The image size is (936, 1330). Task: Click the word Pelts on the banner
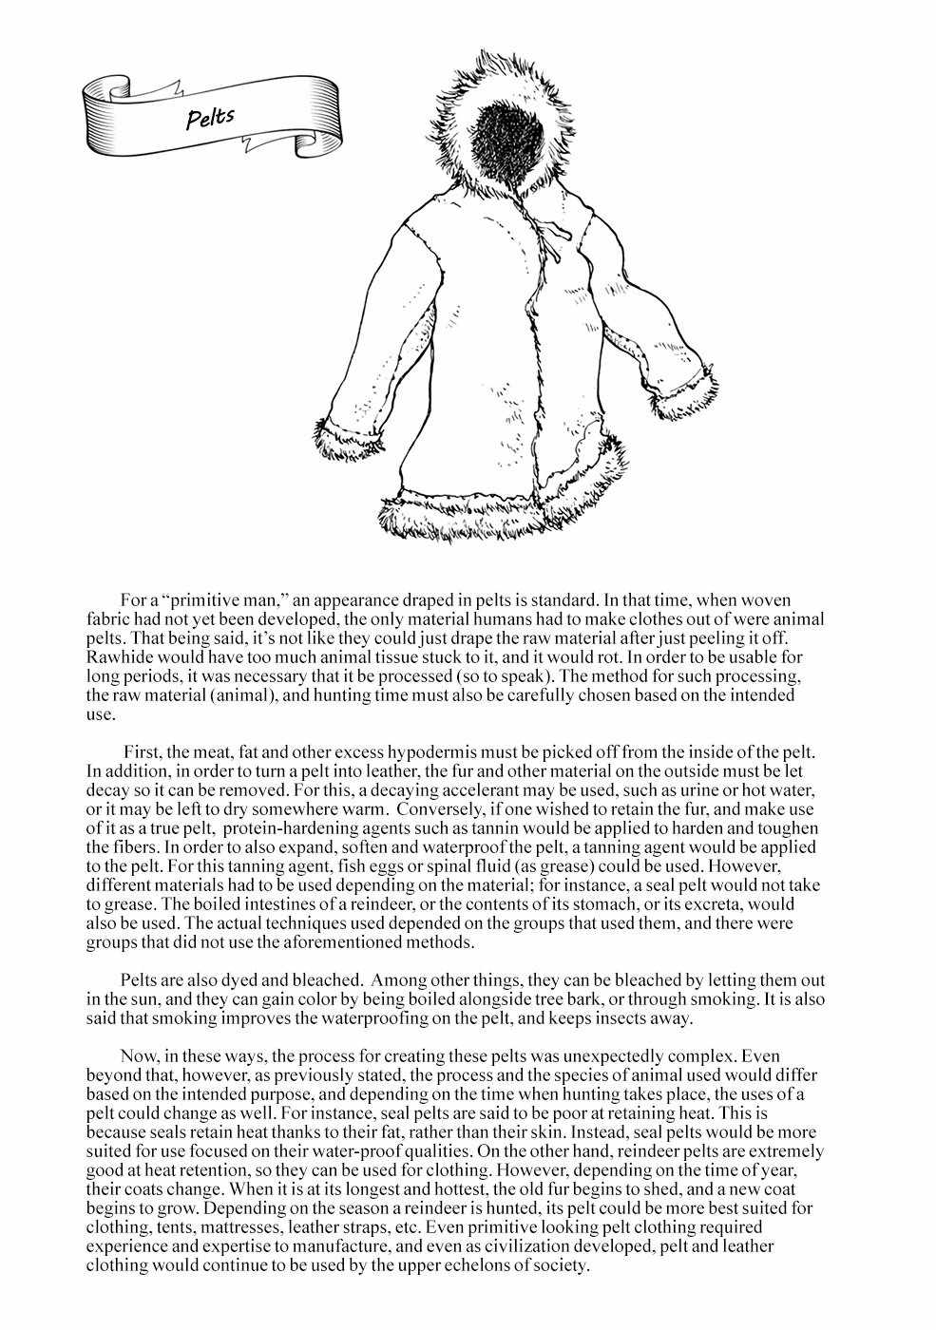pyautogui.click(x=210, y=118)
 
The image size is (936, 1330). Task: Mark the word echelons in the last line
pyautogui.click(x=469, y=1264)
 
